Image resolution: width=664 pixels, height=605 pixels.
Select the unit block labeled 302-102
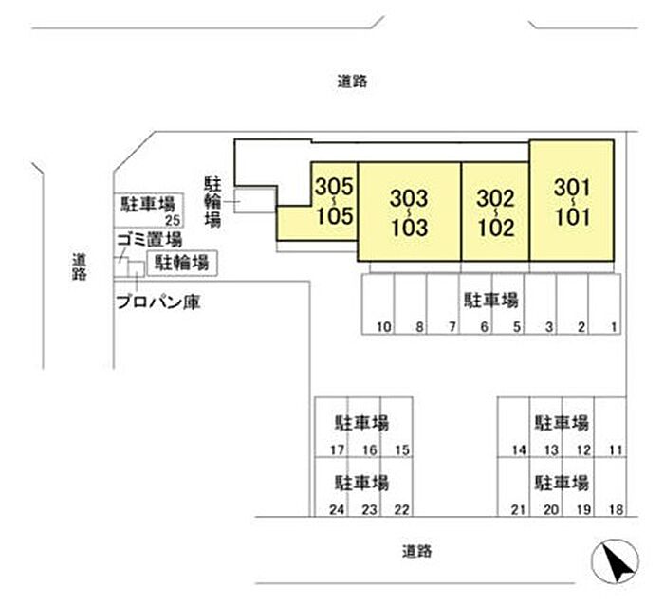point(495,211)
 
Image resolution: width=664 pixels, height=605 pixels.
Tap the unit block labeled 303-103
point(409,211)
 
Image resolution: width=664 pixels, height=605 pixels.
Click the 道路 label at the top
point(351,82)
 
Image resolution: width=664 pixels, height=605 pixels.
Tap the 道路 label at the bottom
point(416,550)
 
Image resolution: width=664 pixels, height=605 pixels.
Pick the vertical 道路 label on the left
point(79,266)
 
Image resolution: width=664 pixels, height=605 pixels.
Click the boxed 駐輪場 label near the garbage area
point(181,263)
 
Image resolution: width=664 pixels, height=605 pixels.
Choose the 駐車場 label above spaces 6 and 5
point(489,301)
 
